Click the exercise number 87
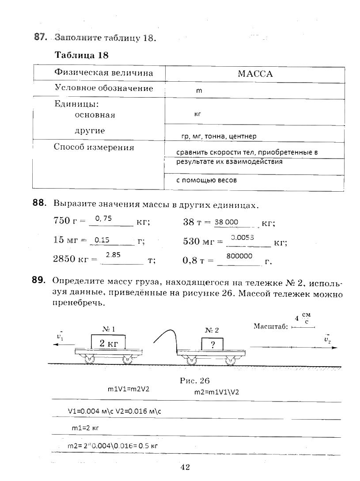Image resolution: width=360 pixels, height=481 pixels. click(x=40, y=38)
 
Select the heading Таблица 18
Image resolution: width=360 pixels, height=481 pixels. click(x=81, y=55)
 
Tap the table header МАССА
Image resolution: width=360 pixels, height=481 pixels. click(x=255, y=74)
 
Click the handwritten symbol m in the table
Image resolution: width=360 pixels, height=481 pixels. click(x=199, y=91)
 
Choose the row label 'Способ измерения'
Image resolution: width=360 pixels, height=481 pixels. click(x=94, y=148)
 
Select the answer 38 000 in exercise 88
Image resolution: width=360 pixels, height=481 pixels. click(x=226, y=222)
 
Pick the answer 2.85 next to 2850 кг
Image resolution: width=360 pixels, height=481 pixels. click(x=114, y=255)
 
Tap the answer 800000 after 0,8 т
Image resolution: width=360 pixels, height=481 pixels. click(x=239, y=256)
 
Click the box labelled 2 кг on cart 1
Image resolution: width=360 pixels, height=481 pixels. click(x=108, y=343)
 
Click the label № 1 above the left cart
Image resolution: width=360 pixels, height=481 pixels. click(x=109, y=329)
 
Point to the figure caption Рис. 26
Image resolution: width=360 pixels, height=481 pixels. click(x=194, y=380)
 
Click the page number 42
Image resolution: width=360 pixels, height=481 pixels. click(x=185, y=467)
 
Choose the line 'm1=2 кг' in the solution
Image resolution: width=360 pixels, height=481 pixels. click(x=84, y=428)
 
